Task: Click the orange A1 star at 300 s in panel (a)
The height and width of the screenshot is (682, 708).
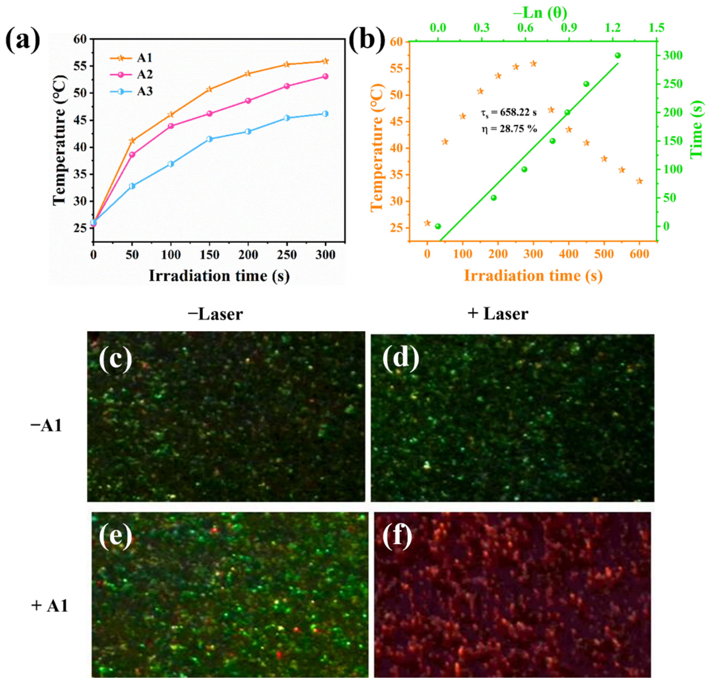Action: coord(325,61)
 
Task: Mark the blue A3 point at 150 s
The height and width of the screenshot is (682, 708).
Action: coord(209,139)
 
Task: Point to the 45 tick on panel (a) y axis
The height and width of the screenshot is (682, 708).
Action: coord(80,120)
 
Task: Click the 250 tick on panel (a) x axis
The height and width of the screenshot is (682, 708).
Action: coord(286,255)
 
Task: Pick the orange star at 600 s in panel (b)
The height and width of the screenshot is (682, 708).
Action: coord(639,181)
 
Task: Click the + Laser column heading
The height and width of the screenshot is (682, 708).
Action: coord(498,314)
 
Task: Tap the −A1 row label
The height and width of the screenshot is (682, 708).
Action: coord(46,426)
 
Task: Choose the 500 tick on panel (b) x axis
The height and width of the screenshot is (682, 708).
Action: coord(604,254)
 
